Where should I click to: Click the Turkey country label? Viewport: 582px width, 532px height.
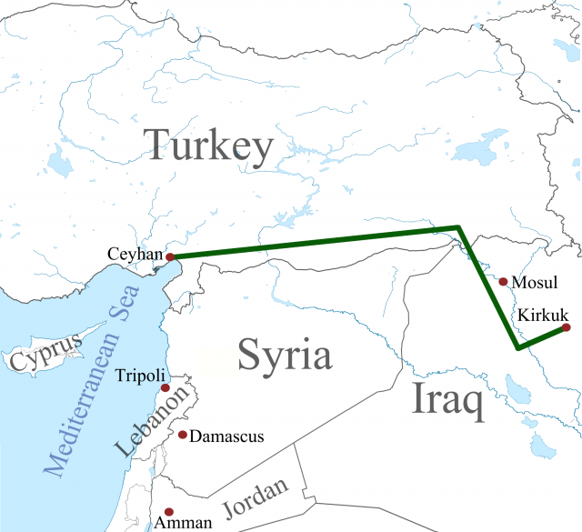click(208, 146)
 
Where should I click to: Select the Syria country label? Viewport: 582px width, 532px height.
click(284, 355)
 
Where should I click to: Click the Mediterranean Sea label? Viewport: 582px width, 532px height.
click(92, 379)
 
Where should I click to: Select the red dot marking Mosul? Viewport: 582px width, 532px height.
click(503, 282)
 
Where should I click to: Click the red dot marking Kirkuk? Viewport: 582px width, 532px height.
click(567, 327)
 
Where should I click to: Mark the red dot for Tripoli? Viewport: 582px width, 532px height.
click(166, 388)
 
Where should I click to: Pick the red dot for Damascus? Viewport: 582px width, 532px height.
click(183, 435)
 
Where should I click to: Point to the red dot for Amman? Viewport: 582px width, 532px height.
click(166, 512)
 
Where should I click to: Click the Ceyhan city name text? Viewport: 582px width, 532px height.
click(135, 254)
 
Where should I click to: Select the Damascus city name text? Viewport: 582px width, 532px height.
click(227, 437)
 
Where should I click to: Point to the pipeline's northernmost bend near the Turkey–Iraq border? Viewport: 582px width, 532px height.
click(458, 227)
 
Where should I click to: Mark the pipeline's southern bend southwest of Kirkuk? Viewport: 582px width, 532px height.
click(517, 347)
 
